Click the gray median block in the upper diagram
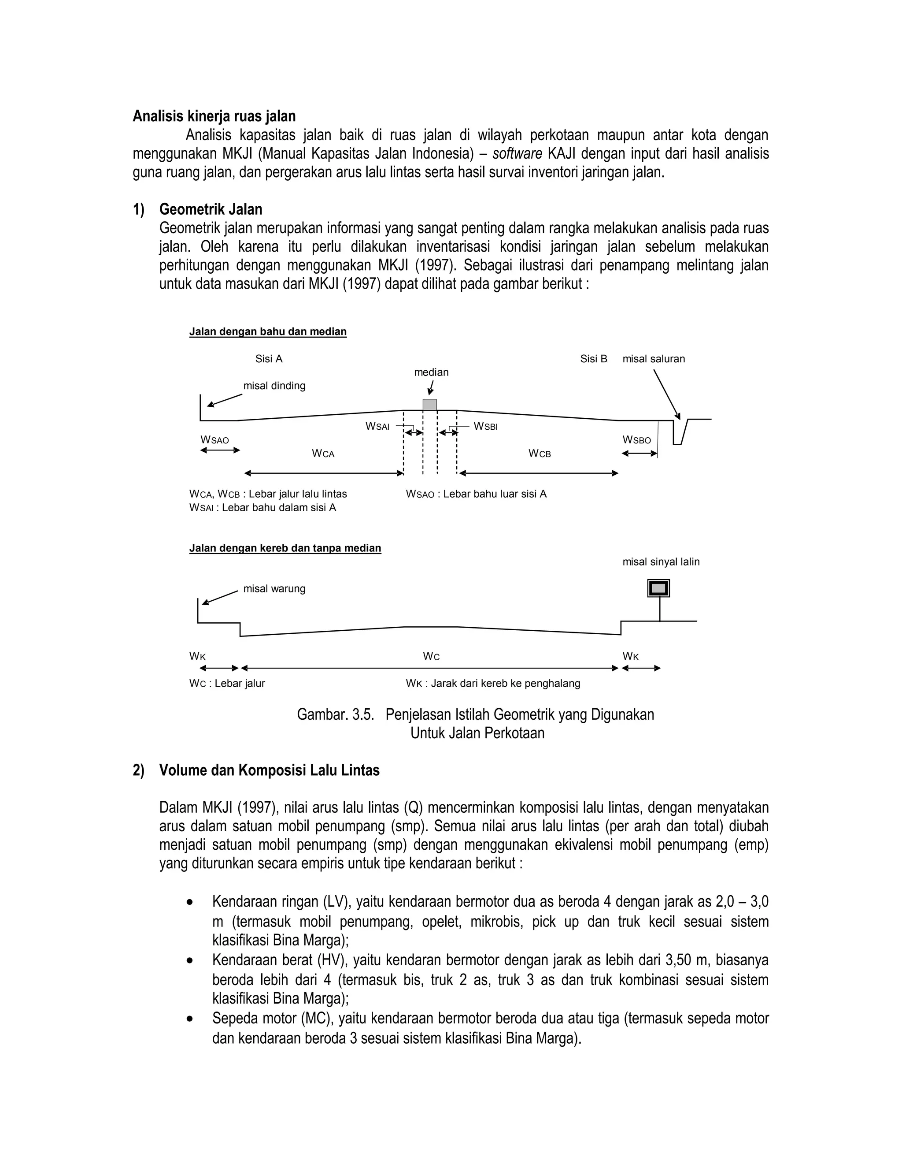[429, 405]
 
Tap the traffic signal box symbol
[658, 588]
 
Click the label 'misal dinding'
[274, 386]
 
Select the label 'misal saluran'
[653, 359]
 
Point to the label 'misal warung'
[274, 588]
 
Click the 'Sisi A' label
[269, 359]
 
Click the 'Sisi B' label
[594, 359]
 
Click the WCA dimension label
[323, 454]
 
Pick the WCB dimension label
[539, 454]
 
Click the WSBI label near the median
[485, 426]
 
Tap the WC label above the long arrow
[431, 656]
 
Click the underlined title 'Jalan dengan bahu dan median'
[268, 331]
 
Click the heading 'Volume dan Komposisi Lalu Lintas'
[269, 770]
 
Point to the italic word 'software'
[517, 154]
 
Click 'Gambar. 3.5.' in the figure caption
[335, 714]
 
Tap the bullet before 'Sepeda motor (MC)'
[190, 1019]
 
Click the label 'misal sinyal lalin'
[661, 562]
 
